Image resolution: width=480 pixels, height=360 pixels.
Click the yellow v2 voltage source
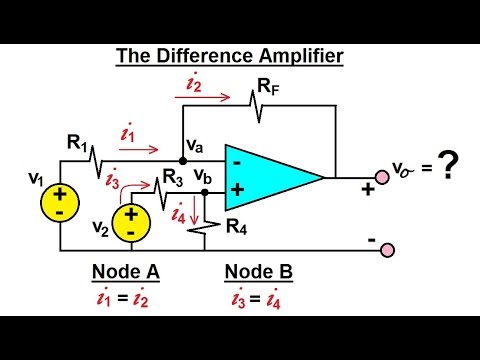130,220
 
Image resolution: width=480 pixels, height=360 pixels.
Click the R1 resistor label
78,142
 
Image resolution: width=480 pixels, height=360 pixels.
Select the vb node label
203,175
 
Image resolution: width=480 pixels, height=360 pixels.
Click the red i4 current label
180,212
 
